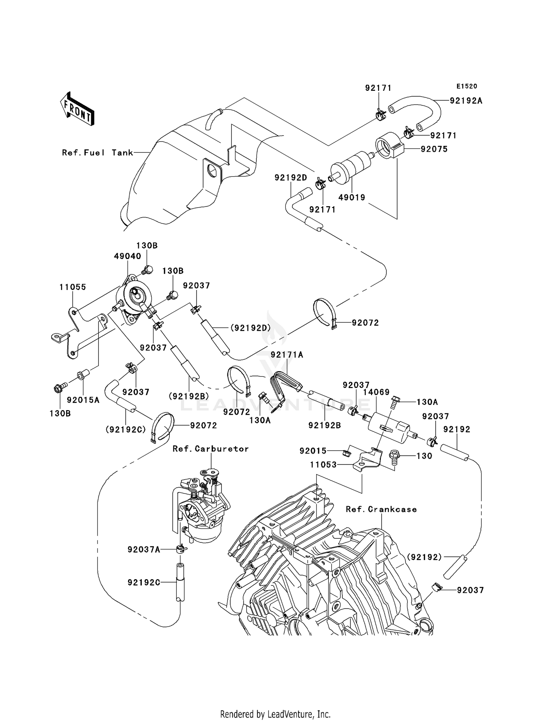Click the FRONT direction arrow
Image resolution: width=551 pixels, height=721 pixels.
[78, 110]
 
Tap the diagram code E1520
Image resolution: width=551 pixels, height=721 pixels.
[467, 86]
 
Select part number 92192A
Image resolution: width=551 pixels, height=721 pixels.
[466, 101]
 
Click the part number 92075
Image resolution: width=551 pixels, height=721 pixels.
[434, 149]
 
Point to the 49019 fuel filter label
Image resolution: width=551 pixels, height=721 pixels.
[352, 197]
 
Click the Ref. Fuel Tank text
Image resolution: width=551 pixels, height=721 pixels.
[97, 153]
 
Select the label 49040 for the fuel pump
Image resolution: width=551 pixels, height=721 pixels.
[127, 256]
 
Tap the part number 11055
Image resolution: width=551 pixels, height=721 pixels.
[73, 287]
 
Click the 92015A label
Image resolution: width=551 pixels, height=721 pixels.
[83, 400]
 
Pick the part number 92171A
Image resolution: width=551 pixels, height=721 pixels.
[287, 355]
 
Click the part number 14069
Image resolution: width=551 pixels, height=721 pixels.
[376, 392]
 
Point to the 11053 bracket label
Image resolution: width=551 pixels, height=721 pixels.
[323, 465]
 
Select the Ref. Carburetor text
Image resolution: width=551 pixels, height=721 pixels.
[210, 449]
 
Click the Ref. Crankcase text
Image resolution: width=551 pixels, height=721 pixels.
[381, 509]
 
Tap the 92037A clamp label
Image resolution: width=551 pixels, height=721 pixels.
[144, 549]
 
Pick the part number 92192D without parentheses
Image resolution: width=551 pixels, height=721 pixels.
[291, 178]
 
